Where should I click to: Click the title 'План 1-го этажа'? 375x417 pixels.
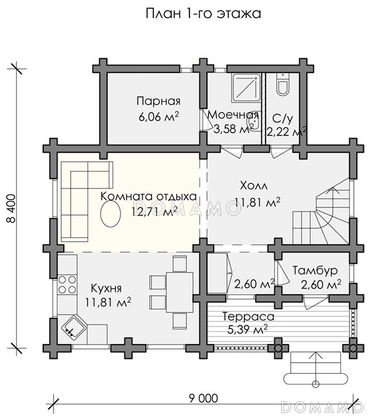click(203, 14)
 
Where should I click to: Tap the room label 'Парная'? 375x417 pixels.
click(159, 101)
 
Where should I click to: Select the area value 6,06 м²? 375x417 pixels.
click(159, 117)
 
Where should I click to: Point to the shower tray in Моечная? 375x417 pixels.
click(246, 88)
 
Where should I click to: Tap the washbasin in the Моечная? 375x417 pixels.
click(254, 123)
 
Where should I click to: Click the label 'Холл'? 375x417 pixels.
click(254, 186)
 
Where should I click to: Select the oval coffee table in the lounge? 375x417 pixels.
click(110, 213)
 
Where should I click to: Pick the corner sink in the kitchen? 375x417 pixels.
click(74, 327)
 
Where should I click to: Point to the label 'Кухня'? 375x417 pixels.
click(106, 288)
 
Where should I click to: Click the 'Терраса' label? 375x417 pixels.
click(248, 316)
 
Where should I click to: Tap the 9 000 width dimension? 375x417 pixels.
click(203, 398)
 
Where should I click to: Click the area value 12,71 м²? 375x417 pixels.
click(155, 212)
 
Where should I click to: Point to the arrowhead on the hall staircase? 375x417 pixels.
click(332, 189)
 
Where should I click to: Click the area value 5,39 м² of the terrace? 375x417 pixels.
click(247, 330)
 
